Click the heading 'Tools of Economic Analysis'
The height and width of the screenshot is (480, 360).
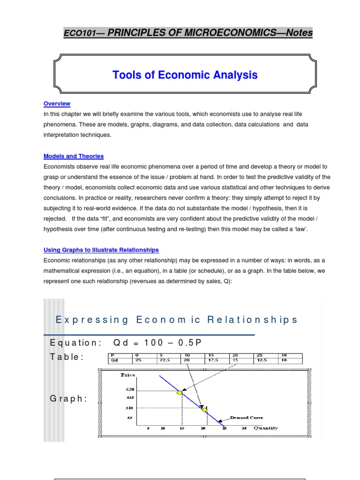click(185, 75)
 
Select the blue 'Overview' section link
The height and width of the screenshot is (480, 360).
click(57, 104)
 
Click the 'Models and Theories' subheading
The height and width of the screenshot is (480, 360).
click(74, 156)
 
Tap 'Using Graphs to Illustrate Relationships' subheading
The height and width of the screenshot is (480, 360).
click(101, 250)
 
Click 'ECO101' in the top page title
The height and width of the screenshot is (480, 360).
click(78, 33)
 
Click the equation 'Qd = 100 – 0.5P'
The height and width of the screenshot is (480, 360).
click(157, 342)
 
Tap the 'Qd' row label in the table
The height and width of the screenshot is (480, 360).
click(114, 360)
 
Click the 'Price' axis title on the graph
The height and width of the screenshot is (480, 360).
click(127, 375)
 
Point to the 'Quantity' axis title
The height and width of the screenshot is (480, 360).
click(266, 427)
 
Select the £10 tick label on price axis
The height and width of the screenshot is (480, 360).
click(130, 408)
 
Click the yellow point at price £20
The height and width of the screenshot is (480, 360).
click(179, 392)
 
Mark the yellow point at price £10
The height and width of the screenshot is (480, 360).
click(204, 409)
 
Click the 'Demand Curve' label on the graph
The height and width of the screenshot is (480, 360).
click(246, 417)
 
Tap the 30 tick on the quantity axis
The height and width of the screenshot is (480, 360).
click(244, 428)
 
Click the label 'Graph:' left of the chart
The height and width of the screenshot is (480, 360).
click(68, 398)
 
